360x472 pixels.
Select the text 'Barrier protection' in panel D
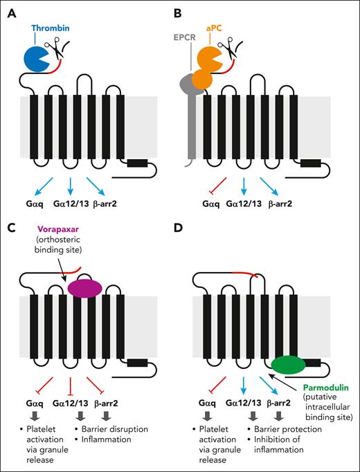(x=291, y=429)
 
